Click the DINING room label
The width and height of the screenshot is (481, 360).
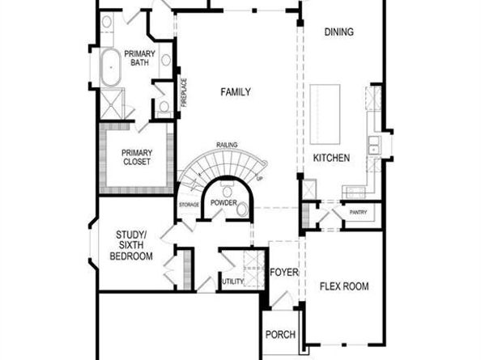click(339, 32)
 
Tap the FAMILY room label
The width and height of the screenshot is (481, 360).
click(236, 92)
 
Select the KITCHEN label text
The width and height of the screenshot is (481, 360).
click(331, 158)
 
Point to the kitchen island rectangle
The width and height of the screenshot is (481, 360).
click(325, 114)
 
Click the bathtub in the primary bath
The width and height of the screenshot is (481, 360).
click(111, 67)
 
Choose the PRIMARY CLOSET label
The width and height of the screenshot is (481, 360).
click(137, 157)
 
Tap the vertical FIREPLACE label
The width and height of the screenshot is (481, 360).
click(184, 92)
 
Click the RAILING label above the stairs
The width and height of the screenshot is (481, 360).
click(227, 145)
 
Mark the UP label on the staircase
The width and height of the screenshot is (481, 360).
click(259, 178)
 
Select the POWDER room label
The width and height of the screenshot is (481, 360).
click(224, 202)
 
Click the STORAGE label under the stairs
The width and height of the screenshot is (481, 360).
click(189, 205)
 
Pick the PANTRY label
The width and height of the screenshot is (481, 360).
click(358, 212)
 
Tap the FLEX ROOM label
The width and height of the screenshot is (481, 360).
click(344, 286)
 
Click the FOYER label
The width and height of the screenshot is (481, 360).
click(284, 272)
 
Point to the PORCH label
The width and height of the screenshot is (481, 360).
click(280, 334)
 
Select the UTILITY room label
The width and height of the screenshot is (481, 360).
click(233, 282)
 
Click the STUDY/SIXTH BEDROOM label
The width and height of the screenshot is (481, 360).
click(131, 245)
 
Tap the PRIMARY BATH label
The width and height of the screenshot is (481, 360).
click(139, 58)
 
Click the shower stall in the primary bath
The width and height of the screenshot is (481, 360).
click(113, 104)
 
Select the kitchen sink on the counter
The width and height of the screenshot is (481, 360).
click(374, 146)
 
